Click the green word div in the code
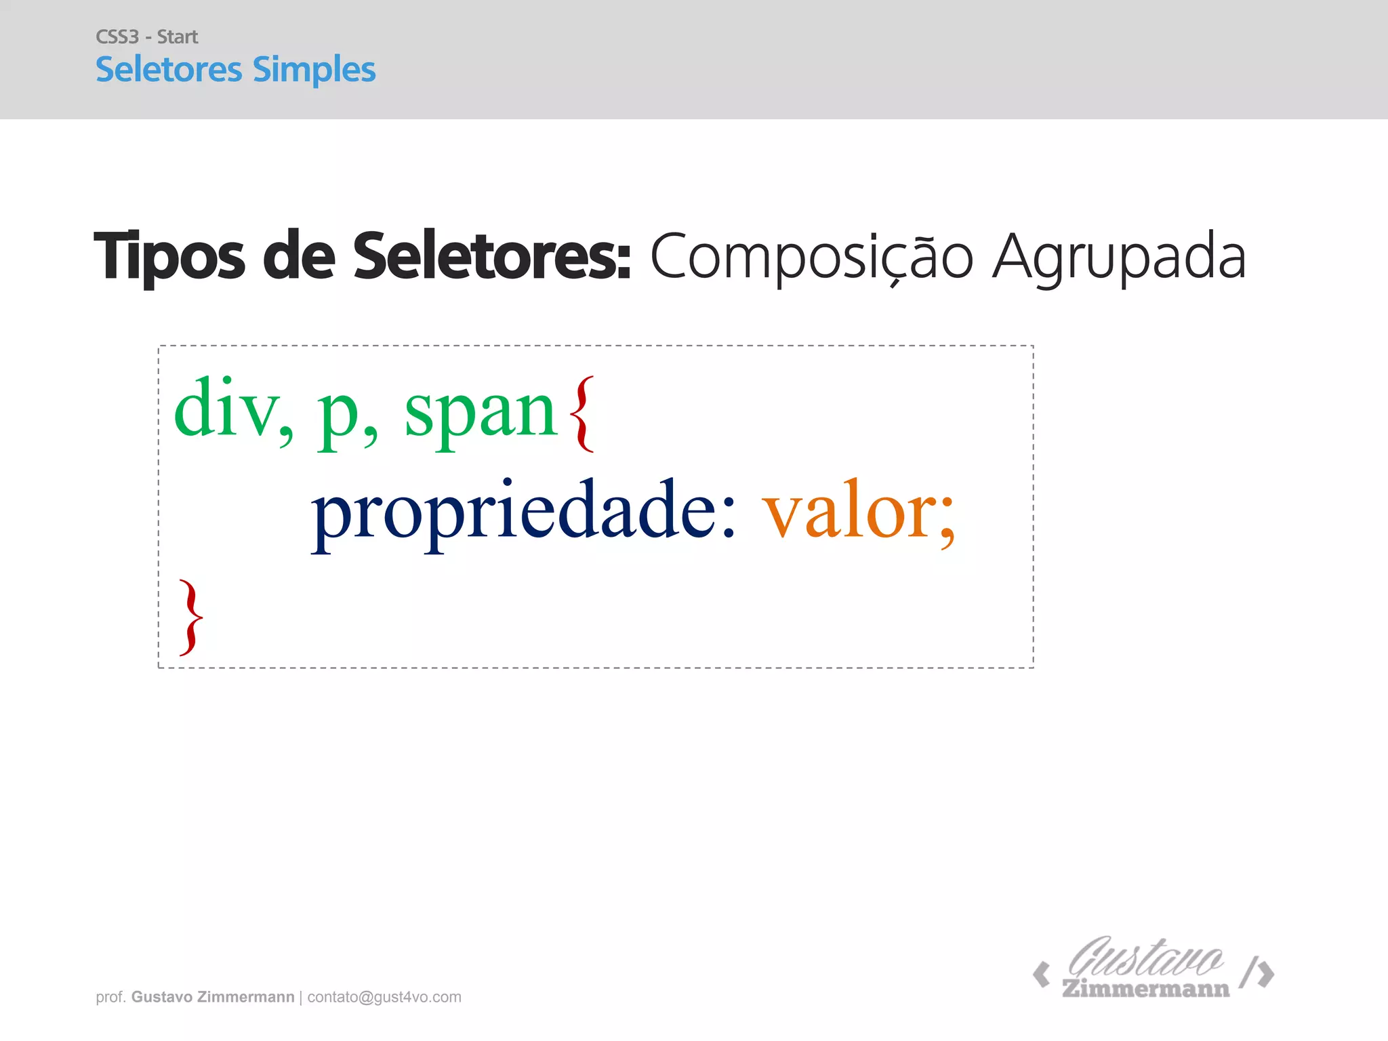pos(227,408)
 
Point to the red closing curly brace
pos(191,617)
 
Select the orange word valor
pos(851,512)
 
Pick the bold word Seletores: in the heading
pos(491,256)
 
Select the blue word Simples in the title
pos(314,70)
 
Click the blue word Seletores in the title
pos(169,69)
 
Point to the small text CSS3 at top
pos(117,37)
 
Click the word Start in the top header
pos(178,37)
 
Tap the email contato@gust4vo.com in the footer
pos(384,997)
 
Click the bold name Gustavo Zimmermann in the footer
pos(213,997)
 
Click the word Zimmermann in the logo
pos(1145,989)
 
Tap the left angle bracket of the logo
pos(1041,975)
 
